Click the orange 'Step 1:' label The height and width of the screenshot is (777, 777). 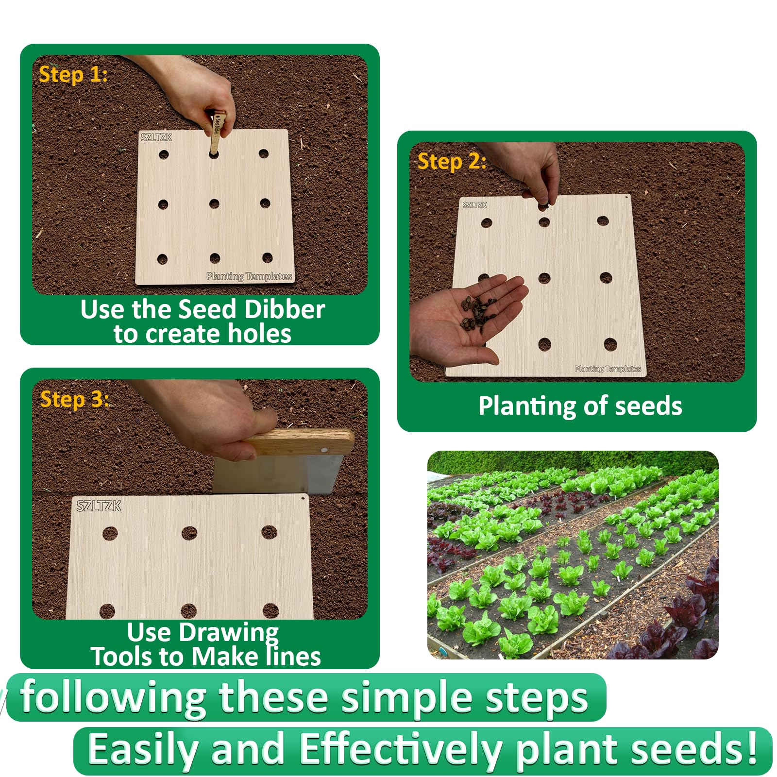(73, 74)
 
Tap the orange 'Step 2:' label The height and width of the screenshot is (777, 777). (452, 161)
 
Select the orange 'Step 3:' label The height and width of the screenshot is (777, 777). (74, 399)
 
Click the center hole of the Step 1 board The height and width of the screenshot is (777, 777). (214, 204)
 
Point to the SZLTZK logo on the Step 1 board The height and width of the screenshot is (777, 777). (156, 137)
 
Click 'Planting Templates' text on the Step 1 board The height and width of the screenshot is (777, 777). (249, 276)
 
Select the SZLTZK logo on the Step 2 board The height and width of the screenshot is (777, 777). (474, 205)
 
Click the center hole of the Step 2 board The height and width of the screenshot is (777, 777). (544, 278)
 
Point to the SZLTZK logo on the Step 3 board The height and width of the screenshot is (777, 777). (99, 506)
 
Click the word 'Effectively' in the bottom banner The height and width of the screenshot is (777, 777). (401, 749)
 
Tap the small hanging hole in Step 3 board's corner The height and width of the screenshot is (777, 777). (304, 498)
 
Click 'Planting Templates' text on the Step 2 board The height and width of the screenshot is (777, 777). (608, 369)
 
